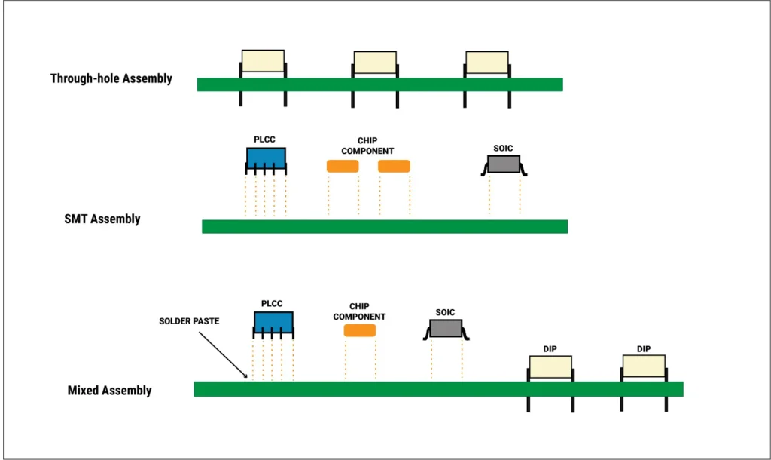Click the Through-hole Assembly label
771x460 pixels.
click(111, 78)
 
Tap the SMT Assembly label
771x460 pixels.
click(102, 219)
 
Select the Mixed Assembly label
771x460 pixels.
click(109, 391)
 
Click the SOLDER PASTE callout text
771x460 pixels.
click(190, 321)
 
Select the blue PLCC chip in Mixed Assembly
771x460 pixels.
click(273, 323)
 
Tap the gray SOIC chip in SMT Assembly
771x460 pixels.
click(504, 164)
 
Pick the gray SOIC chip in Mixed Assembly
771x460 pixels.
click(446, 328)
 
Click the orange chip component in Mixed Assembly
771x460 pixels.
click(359, 330)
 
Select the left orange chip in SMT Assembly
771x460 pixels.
click(342, 166)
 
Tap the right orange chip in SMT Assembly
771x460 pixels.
click(394, 166)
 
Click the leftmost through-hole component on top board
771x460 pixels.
click(263, 61)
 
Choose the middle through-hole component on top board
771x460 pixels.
click(375, 63)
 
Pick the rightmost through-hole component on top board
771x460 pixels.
click(486, 63)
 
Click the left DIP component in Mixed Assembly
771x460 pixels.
click(550, 366)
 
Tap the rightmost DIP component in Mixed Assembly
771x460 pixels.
click(643, 366)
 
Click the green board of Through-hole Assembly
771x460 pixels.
click(379, 84)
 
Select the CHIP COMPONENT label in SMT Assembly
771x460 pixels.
click(367, 146)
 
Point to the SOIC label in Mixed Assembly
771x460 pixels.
click(446, 312)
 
